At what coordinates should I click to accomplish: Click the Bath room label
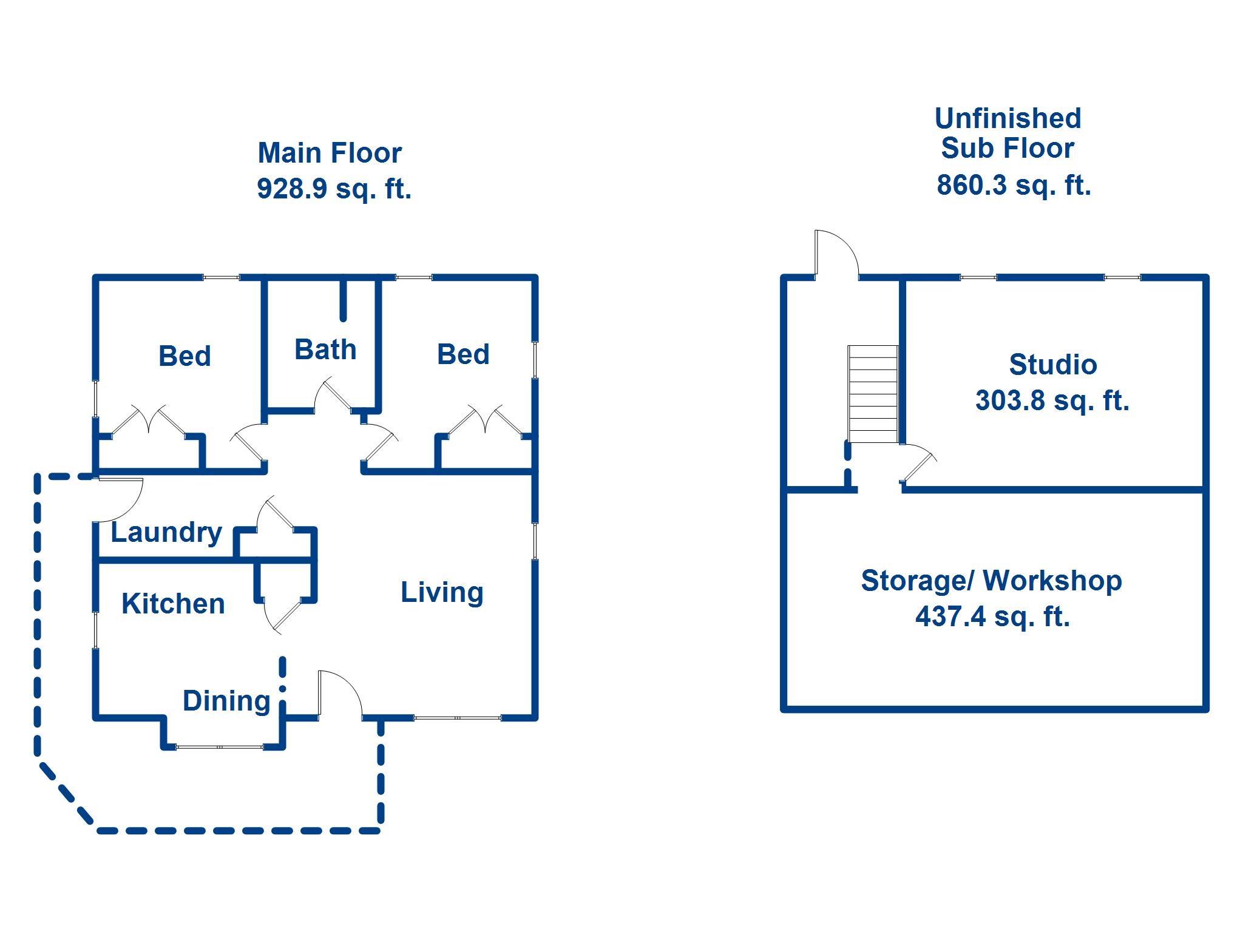(x=325, y=349)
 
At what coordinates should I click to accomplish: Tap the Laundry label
(x=166, y=533)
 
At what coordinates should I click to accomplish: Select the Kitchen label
(x=173, y=604)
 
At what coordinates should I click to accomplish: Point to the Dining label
(x=226, y=701)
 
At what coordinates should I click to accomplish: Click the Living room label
(x=442, y=593)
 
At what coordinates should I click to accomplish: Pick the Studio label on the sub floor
(x=1053, y=365)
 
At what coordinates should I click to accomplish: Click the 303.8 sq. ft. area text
(x=1052, y=400)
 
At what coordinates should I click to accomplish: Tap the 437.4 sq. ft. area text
(x=992, y=616)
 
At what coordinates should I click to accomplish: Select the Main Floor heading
(x=330, y=153)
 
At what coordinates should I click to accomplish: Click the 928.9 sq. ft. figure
(x=334, y=188)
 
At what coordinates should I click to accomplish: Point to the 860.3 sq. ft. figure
(x=1014, y=185)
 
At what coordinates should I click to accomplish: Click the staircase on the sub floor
(x=873, y=394)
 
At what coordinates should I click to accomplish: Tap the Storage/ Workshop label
(x=992, y=581)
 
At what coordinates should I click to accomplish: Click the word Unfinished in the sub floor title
(x=1008, y=118)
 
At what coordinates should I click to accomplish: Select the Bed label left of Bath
(x=185, y=356)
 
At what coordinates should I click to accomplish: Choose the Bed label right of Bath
(x=463, y=354)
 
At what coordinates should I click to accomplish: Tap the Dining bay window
(x=220, y=747)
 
